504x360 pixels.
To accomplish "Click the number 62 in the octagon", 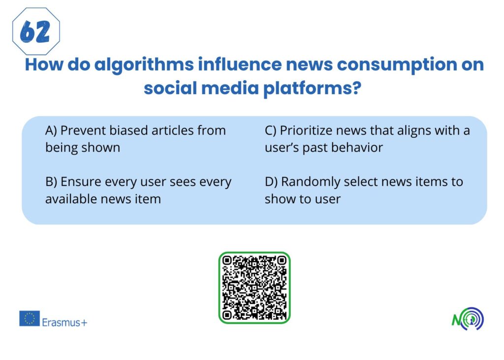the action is (35, 32).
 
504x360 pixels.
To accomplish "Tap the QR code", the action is (254, 288).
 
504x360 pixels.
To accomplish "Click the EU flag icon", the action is (30, 319).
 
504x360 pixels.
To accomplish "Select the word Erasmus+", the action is (64, 323).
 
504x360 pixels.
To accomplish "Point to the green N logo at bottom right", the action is (468, 319).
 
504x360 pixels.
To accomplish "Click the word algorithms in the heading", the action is (144, 65).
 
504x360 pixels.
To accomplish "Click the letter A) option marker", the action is (51, 131).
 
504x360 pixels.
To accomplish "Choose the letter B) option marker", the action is (51, 182).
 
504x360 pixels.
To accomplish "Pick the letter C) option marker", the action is (271, 131).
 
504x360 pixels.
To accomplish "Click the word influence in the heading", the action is (240, 65).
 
